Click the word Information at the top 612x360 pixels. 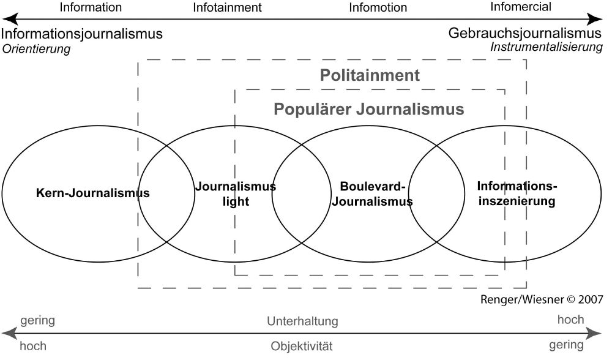[x=91, y=7]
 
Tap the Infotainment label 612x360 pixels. [x=227, y=7]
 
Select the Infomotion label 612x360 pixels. [x=378, y=7]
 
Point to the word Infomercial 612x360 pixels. [x=521, y=7]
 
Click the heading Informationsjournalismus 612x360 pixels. [x=81, y=34]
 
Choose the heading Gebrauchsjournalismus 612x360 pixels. [x=525, y=33]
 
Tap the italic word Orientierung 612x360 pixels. [x=36, y=49]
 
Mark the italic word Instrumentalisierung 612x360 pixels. [x=547, y=47]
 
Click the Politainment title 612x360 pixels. [x=370, y=75]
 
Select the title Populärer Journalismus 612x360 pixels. [x=369, y=110]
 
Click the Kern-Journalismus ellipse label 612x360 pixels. [x=93, y=193]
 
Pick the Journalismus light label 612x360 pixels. [x=236, y=193]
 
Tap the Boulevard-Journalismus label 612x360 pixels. [x=372, y=193]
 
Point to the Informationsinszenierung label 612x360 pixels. [x=517, y=193]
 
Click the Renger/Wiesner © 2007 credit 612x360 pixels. [x=542, y=299]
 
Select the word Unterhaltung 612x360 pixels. [x=302, y=321]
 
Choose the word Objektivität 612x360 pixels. [x=302, y=346]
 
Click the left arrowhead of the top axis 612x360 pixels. [x=9, y=19]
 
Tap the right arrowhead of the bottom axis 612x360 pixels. [x=594, y=334]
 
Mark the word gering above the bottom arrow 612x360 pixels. [x=37, y=321]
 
